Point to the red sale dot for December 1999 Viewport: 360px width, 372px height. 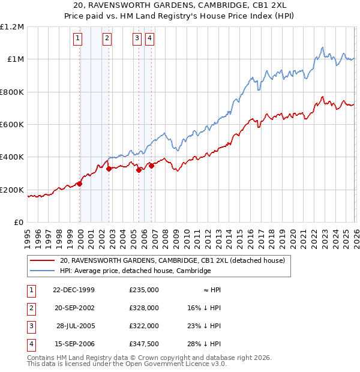pyautogui.click(x=80, y=184)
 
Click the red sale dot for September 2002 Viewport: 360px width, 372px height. pyautogui.click(x=109, y=169)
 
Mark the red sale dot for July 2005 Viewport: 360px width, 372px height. pyautogui.click(x=139, y=170)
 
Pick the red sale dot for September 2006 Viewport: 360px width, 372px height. pyautogui.click(x=151, y=166)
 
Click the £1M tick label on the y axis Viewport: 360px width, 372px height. pyautogui.click(x=15, y=59)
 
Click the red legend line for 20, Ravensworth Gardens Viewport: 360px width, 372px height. pyautogui.click(x=43, y=261)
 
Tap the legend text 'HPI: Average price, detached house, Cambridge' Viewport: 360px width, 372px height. pyautogui.click(x=136, y=271)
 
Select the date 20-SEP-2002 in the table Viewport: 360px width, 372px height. pyautogui.click(x=74, y=307)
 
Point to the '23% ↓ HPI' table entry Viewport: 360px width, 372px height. pyautogui.click(x=204, y=325)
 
